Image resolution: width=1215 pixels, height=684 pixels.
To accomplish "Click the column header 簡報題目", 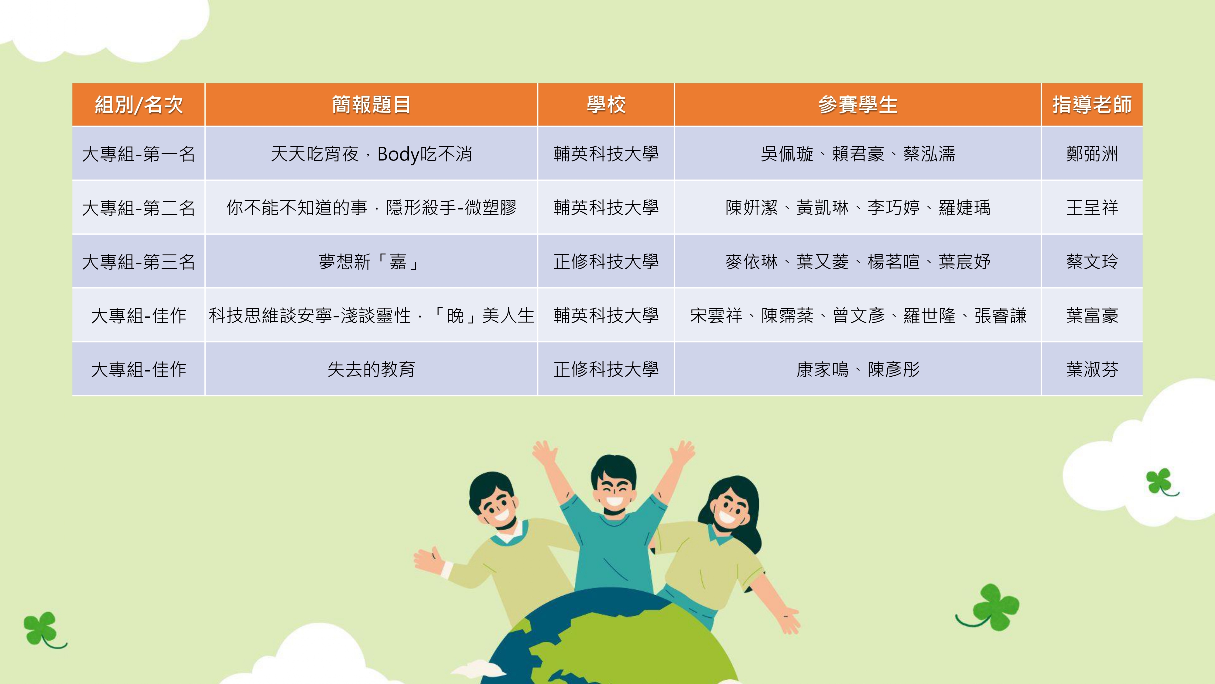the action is click(x=371, y=104).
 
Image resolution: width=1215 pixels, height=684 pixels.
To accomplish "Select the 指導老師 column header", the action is click(x=1092, y=104).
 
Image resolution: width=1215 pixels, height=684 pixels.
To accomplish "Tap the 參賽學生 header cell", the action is click(x=857, y=104).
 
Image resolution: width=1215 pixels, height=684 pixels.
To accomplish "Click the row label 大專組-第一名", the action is click(x=138, y=154).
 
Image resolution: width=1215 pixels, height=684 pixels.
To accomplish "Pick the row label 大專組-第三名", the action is click(x=138, y=261).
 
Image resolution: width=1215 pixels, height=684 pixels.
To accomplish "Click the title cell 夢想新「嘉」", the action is click(x=371, y=261).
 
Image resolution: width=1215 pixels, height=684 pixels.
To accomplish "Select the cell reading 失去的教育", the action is click(x=371, y=369).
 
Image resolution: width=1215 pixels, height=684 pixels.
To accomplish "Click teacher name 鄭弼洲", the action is click(x=1092, y=154).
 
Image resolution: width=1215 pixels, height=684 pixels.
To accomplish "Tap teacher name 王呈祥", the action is click(x=1092, y=208).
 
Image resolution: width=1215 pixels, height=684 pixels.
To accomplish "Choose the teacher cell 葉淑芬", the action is click(x=1092, y=369).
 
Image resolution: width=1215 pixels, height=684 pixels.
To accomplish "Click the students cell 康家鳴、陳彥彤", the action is click(x=857, y=369).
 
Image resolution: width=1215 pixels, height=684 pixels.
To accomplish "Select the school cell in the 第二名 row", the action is click(x=606, y=208).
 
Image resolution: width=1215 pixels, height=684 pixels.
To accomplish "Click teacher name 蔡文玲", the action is click(x=1092, y=261).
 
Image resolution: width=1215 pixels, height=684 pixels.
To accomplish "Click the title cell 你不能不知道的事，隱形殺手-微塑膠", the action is click(x=371, y=208).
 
